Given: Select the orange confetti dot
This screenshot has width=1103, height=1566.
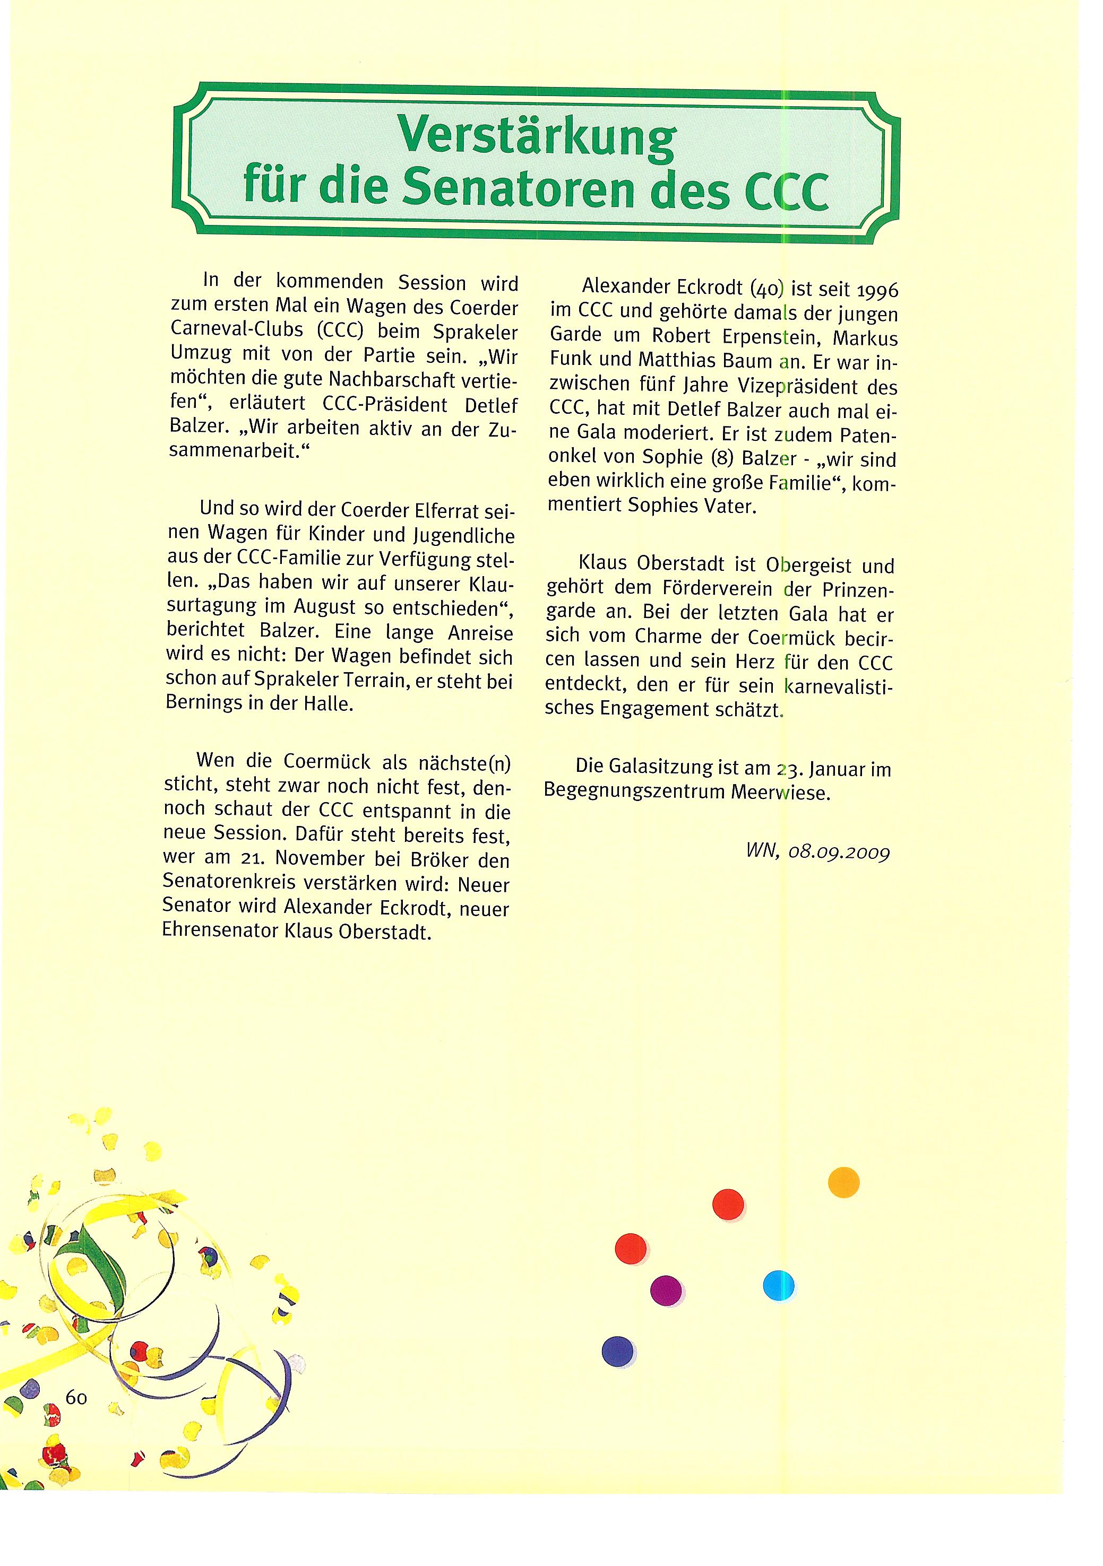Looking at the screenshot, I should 843,1182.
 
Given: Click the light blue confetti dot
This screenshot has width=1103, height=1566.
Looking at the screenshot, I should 778,1286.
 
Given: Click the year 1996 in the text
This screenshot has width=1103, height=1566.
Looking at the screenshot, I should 876,291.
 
